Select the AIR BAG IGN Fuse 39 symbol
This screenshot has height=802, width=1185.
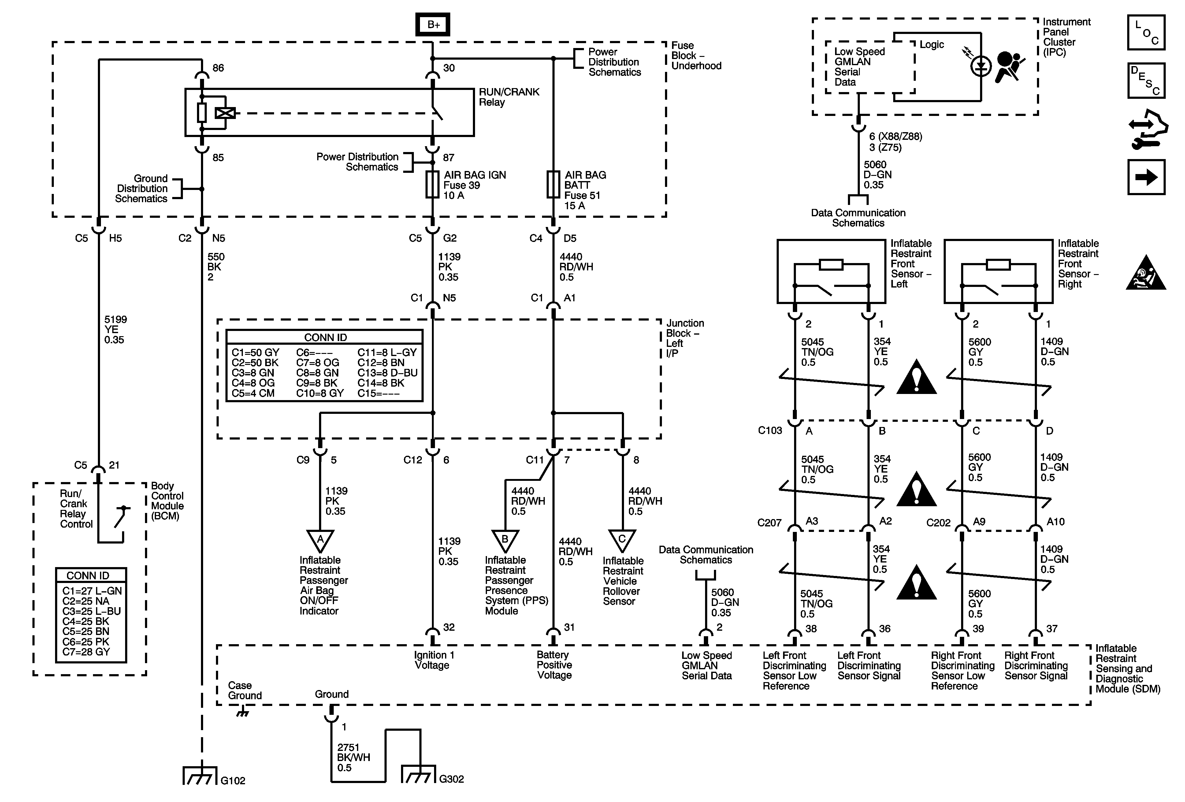click(x=433, y=184)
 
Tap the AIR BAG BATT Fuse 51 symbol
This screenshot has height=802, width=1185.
click(x=553, y=184)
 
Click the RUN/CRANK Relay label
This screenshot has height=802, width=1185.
click(x=508, y=97)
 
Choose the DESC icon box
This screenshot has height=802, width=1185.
click(x=1146, y=80)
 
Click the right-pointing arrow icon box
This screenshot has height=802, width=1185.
click(x=1146, y=177)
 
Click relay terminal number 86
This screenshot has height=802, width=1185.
click(x=218, y=68)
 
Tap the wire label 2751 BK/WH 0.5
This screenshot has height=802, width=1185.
click(x=353, y=757)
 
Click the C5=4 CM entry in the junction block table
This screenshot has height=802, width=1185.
click(x=253, y=393)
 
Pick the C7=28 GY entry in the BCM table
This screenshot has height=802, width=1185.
click(x=86, y=652)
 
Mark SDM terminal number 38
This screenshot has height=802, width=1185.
click(x=811, y=629)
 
